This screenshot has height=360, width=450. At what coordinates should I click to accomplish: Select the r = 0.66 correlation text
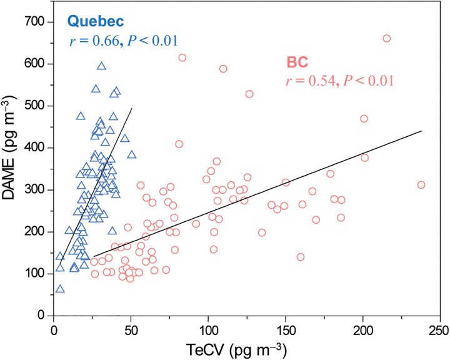pyautogui.click(x=124, y=42)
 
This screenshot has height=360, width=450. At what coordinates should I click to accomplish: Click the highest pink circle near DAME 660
pyautogui.click(x=386, y=38)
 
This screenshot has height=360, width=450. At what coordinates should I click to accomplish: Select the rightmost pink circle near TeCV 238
pyautogui.click(x=421, y=184)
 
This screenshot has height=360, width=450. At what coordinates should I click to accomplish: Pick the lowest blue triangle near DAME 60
pyautogui.click(x=60, y=289)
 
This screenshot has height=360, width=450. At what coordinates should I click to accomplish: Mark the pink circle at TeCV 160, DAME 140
pyautogui.click(x=300, y=257)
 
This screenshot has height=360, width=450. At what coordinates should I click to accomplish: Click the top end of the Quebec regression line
pyautogui.click(x=132, y=108)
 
